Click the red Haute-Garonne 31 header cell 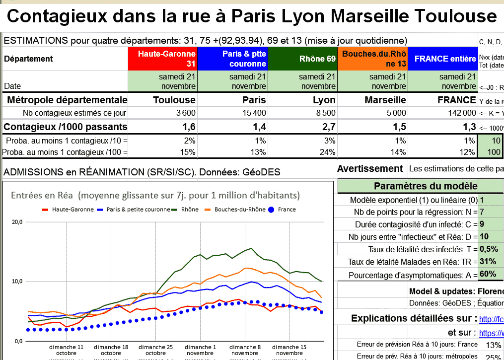tap(163, 59)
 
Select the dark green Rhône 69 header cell tap(303, 59)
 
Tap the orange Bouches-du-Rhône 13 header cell tap(373, 59)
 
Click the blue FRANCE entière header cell tap(443, 59)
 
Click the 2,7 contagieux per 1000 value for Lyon tap(328, 127)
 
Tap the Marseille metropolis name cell tap(385, 100)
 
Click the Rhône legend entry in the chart tap(186, 210)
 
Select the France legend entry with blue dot tap(282, 210)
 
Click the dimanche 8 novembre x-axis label tap(245, 350)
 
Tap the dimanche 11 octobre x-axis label tap(67, 350)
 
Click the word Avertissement tap(370, 169)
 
